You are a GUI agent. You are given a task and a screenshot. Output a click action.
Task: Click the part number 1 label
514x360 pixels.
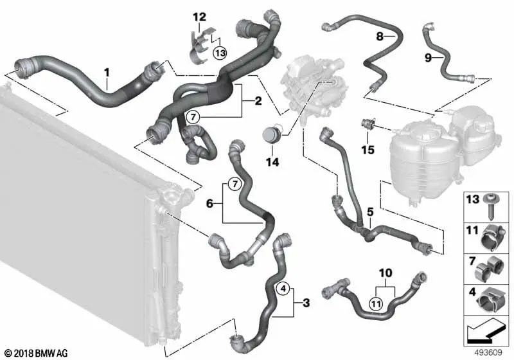pos(107,73)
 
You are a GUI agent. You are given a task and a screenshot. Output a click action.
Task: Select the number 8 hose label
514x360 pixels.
pos(380,37)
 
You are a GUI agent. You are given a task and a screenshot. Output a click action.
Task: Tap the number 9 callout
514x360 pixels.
pos(428,58)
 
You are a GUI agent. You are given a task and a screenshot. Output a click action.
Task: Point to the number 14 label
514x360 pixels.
pos(272,162)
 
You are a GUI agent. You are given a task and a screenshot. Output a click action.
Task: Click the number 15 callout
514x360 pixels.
pos(368,150)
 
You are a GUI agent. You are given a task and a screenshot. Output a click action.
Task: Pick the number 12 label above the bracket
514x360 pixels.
pos(199,17)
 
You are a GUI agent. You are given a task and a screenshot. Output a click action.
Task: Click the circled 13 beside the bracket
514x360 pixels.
pos(220,53)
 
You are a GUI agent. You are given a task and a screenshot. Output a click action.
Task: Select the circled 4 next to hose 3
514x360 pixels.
pos(283,289)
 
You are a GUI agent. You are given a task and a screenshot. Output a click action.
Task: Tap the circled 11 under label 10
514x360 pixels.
pos(376,304)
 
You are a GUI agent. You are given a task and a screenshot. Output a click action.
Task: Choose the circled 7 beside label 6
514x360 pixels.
pos(235,184)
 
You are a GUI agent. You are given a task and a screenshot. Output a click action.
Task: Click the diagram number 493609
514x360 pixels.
pos(488,353)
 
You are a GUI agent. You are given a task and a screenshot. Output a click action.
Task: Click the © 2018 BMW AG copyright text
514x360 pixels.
pos(37,353)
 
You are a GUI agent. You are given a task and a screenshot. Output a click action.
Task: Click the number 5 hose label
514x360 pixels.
pos(370,212)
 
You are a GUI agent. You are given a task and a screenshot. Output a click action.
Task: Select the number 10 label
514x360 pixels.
pos(385,273)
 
